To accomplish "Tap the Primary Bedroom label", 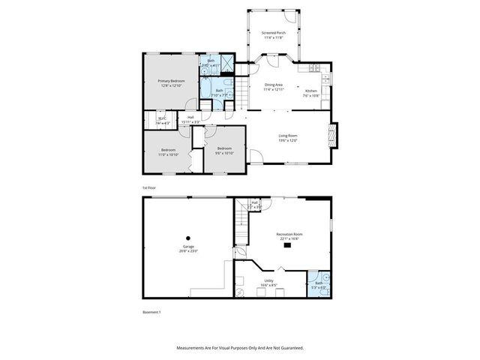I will pyautogui.click(x=171, y=80).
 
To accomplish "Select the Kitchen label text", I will pyautogui.click(x=310, y=91).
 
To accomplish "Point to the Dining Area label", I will pyautogui.click(x=273, y=85).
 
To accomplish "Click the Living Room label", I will pyautogui.click(x=288, y=136).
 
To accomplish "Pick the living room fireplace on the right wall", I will pyautogui.click(x=333, y=136).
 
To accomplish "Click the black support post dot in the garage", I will pyautogui.click(x=188, y=238).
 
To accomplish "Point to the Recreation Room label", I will pyautogui.click(x=288, y=235).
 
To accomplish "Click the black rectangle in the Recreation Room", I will pyautogui.click(x=287, y=244).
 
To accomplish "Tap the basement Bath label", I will pyautogui.click(x=319, y=283).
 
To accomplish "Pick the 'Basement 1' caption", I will pyautogui.click(x=152, y=311).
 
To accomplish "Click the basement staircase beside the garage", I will pyautogui.click(x=241, y=226).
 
